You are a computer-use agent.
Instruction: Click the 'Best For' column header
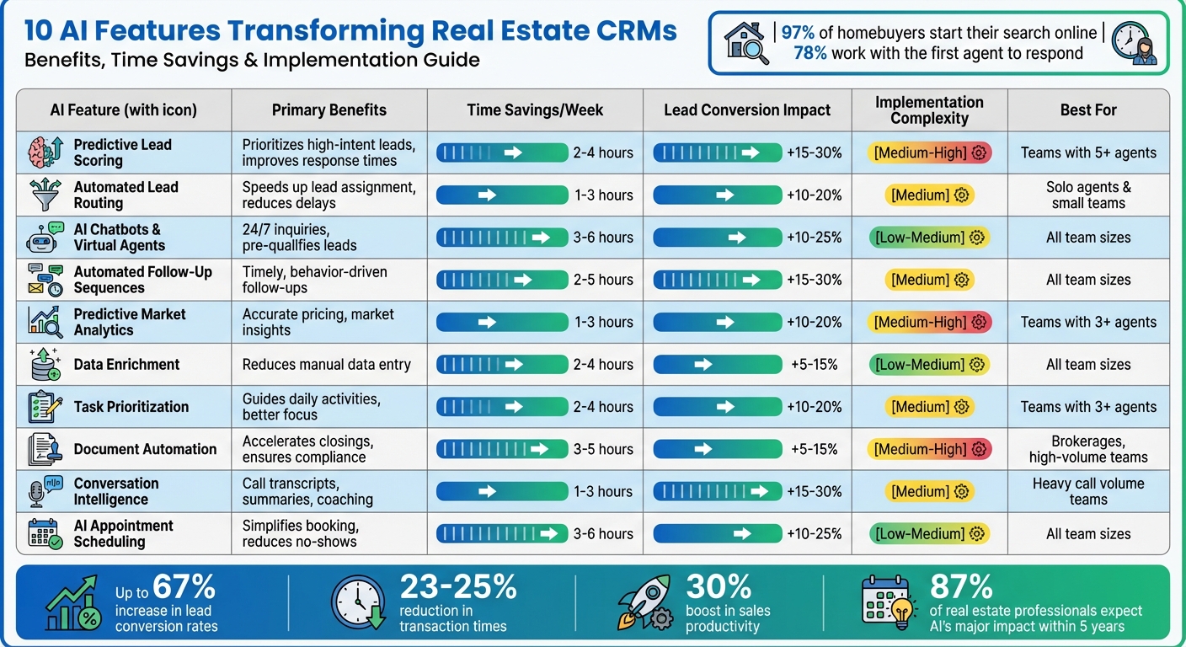1088,110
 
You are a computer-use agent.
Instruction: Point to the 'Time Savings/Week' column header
535,110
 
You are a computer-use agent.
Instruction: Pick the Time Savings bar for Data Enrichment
502,365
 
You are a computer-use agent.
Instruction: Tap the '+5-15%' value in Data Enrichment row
814,365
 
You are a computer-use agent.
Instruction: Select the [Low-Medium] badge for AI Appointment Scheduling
929,533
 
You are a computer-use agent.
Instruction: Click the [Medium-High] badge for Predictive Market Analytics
929,322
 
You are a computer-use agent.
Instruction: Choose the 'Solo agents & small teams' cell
1088,195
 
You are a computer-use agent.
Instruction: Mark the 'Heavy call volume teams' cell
1088,491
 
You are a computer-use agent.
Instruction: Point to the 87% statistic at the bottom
960,586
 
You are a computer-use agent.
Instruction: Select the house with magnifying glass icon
746,43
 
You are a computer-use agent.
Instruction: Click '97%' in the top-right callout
799,33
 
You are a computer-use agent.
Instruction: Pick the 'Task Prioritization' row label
131,407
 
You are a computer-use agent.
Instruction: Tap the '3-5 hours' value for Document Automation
603,449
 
